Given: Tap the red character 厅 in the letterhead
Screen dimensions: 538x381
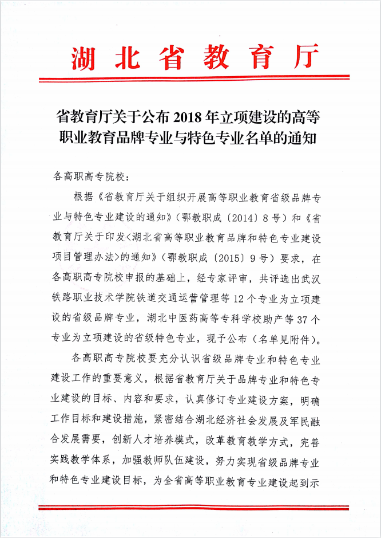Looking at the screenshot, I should (x=301, y=57).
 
